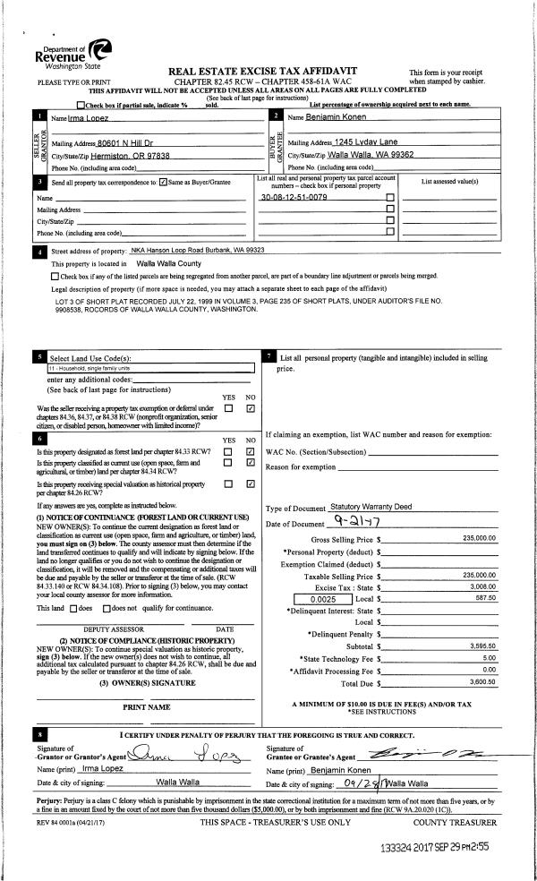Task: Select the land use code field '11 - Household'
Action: pos(143,367)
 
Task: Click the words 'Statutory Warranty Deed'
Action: pos(369,507)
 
